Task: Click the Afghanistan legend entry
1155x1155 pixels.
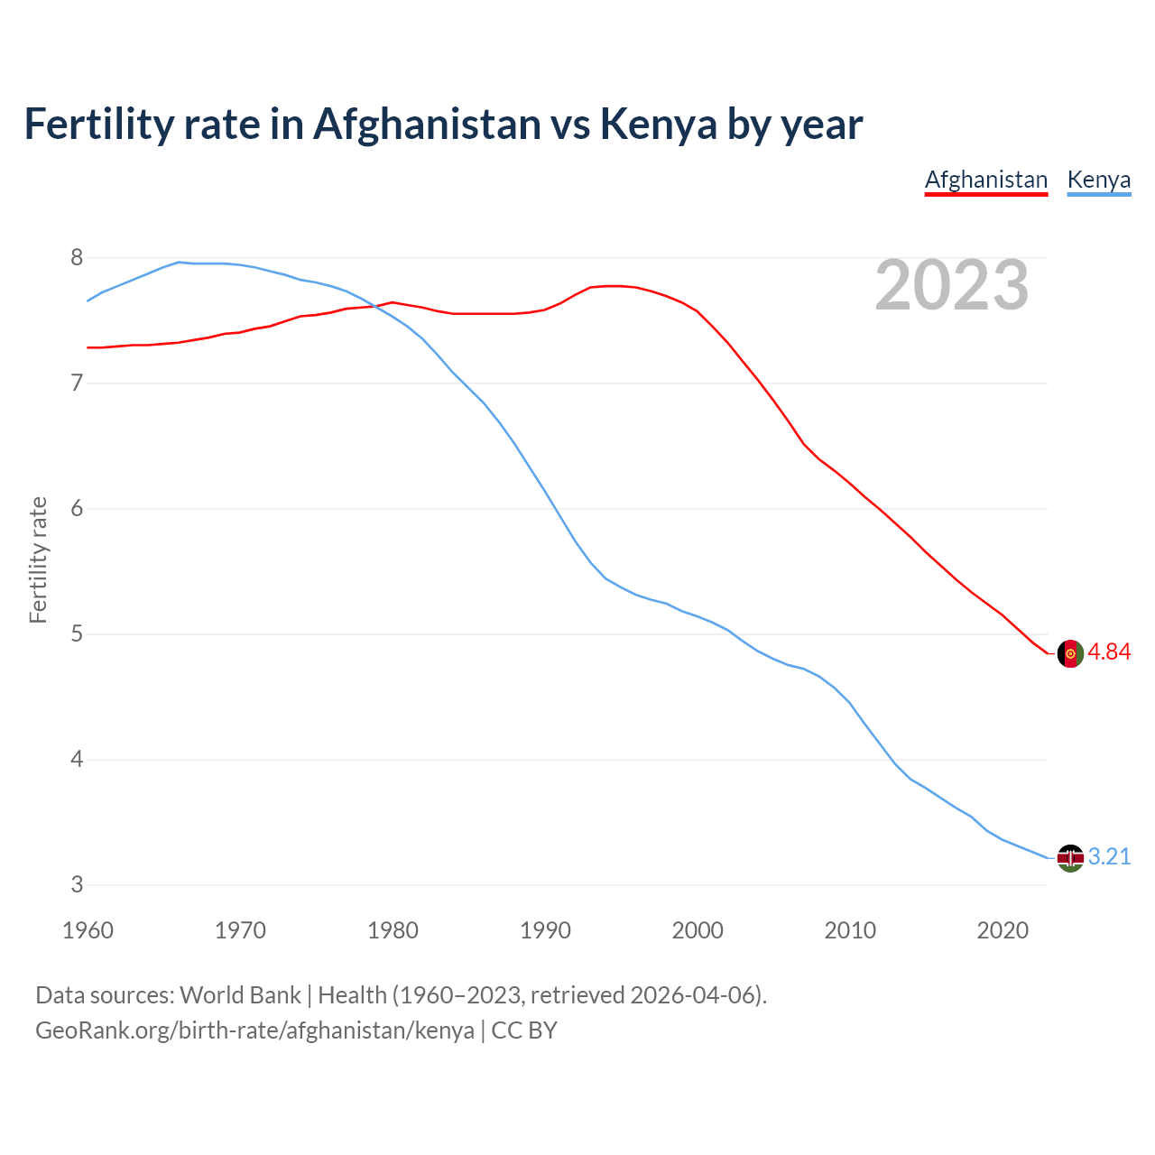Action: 986,180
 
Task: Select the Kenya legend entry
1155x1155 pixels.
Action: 1098,180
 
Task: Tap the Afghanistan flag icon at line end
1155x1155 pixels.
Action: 1070,653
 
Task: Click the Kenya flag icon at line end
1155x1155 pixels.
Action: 1070,857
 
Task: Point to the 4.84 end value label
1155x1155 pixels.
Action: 1109,652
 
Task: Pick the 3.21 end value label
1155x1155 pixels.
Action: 1109,856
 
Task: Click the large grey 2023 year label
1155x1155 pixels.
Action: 951,285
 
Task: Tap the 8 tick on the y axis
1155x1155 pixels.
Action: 77,258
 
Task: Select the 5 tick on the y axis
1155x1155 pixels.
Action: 77,634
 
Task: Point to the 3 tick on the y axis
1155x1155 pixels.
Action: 77,885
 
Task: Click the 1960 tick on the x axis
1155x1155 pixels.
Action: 88,930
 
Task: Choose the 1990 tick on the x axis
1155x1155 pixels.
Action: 545,930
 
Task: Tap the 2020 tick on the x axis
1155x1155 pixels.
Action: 1003,930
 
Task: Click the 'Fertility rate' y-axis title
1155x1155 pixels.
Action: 38,559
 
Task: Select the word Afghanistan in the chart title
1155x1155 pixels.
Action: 427,124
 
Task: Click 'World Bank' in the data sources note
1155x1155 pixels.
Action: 240,995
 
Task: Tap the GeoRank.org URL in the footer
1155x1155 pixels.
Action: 254,1030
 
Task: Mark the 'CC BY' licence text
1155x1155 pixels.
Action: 524,1030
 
